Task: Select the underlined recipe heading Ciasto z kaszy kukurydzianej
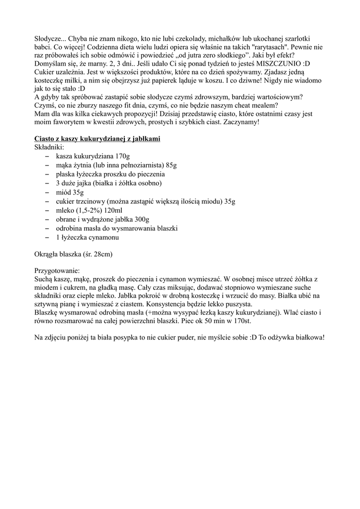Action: pyautogui.click(x=97, y=139)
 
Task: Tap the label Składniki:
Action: pyautogui.click(x=49, y=147)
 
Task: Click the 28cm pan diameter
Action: pyautogui.click(x=101, y=255)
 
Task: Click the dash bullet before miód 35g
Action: pyautogui.click(x=47, y=192)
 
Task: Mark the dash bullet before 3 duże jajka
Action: pyautogui.click(x=47, y=183)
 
